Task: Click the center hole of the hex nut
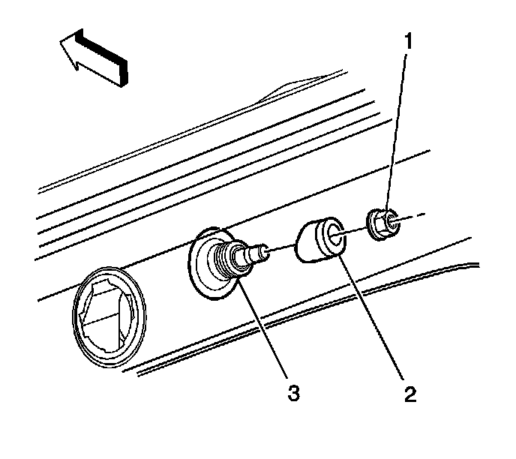point(382,220)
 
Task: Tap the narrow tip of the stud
point(262,250)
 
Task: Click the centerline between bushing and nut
point(355,229)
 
